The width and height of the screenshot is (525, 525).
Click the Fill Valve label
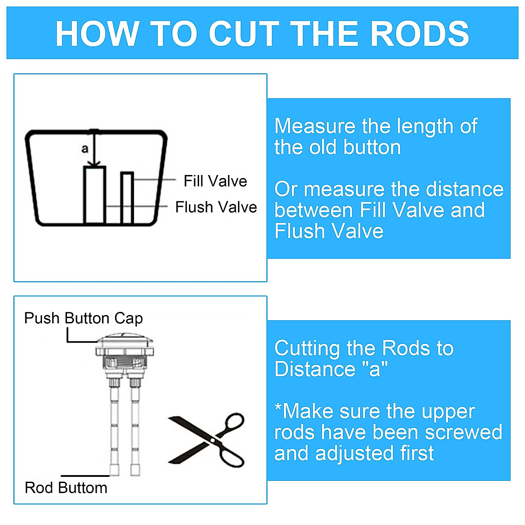[215, 181]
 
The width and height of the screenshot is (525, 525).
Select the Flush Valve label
[216, 207]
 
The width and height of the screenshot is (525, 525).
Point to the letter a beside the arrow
[85, 149]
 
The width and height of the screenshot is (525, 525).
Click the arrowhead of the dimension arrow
[94, 164]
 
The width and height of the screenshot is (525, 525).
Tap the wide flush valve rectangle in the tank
[95, 195]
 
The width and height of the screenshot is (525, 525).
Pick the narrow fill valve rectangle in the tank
[127, 198]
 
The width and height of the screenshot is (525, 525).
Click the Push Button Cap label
[84, 318]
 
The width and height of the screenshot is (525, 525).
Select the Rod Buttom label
[66, 487]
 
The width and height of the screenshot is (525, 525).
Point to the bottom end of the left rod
[114, 471]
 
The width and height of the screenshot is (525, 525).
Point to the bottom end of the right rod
[135, 471]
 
